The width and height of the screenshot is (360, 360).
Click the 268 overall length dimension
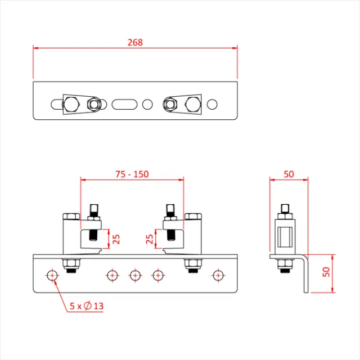(135, 42)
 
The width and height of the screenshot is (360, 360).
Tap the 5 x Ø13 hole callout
(87, 307)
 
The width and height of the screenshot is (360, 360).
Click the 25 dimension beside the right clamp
(150, 239)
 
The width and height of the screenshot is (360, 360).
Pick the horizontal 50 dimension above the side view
(289, 174)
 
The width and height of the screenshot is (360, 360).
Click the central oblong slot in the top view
(125, 104)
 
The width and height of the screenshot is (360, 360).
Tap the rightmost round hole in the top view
(212, 104)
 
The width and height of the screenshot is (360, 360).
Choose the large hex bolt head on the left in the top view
(71, 104)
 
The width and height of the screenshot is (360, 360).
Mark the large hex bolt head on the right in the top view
(192, 104)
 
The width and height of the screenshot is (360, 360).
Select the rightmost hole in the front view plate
(218, 275)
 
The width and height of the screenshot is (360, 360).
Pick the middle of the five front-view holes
(135, 275)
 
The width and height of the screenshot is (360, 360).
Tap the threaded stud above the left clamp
(93, 214)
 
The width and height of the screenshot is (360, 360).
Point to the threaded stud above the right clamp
(170, 214)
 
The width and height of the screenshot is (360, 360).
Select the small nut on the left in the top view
(94, 104)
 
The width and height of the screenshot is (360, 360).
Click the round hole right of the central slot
(147, 104)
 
